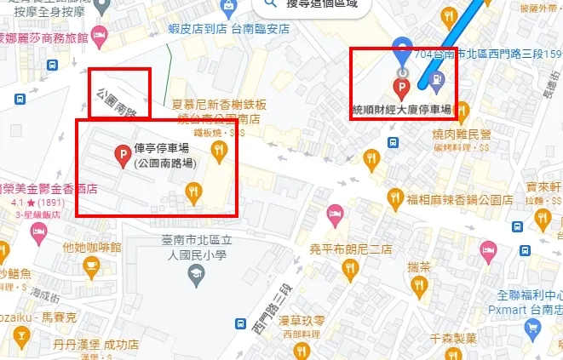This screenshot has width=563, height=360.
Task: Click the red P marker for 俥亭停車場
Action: point(122,154)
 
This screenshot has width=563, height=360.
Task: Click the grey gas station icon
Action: point(436,81)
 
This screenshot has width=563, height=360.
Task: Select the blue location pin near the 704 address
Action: point(401,49)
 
